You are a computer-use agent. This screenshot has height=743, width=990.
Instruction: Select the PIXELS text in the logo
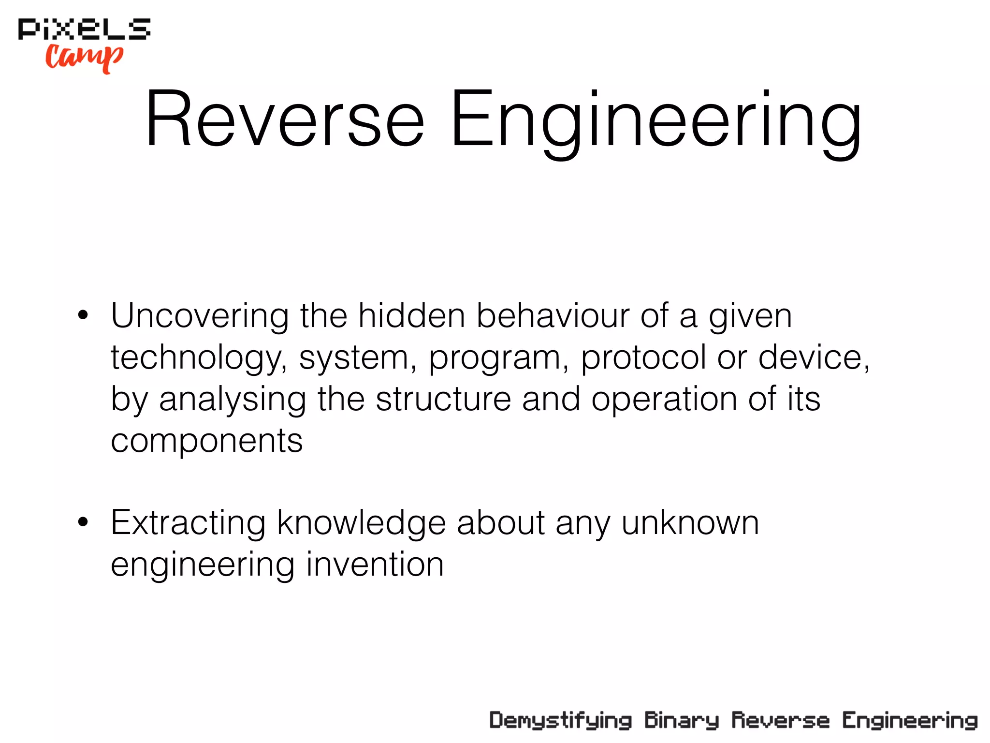[85, 29]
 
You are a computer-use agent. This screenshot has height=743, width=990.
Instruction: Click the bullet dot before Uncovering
[83, 315]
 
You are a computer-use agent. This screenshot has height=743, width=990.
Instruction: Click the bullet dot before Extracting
[83, 522]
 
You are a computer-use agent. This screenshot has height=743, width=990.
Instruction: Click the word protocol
[643, 358]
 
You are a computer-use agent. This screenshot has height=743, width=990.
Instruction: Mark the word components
[207, 441]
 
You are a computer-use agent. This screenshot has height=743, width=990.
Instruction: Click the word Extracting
[188, 523]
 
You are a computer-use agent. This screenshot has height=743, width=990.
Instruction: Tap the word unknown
[690, 523]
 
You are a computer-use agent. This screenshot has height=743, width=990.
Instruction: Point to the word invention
[375, 565]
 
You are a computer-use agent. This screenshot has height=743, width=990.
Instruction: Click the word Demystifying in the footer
[560, 721]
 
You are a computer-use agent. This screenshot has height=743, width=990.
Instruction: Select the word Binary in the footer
[682, 721]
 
